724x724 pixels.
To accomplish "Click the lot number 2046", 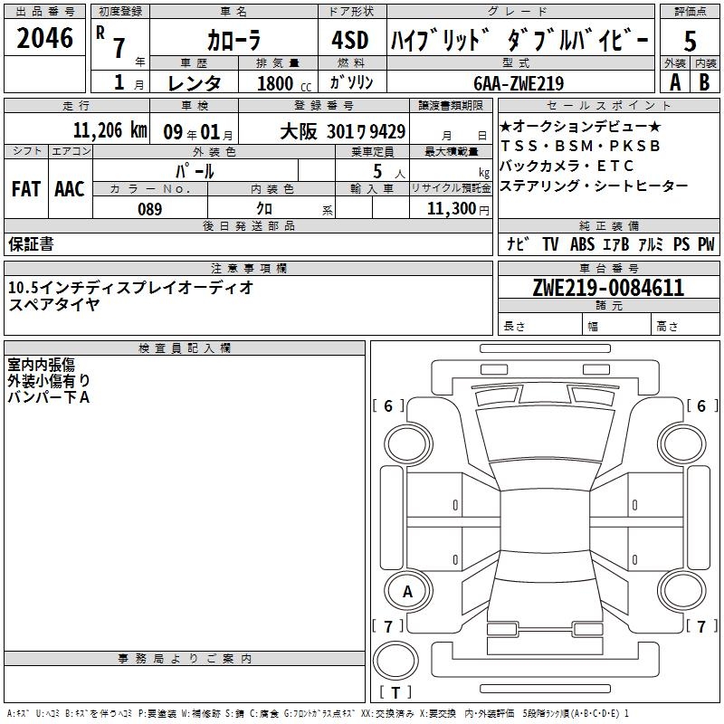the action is click(44, 38).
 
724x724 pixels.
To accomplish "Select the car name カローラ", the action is click(233, 40).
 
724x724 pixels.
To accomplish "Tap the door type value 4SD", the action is click(350, 40).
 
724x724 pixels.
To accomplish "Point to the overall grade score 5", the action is click(690, 41).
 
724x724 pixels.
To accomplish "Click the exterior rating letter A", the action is click(675, 82).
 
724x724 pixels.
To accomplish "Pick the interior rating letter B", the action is click(704, 82).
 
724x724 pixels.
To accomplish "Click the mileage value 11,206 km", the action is click(110, 130).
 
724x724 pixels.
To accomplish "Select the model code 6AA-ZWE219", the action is click(519, 83).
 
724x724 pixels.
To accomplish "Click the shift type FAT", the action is click(26, 189).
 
